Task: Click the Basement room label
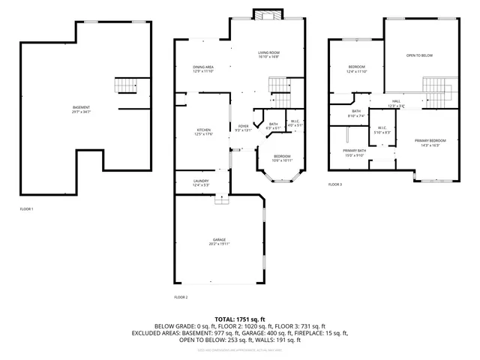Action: point(81,109)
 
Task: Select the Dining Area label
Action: point(203,69)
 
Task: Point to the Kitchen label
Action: point(203,132)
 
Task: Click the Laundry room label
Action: point(201,182)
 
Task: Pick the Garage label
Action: point(219,241)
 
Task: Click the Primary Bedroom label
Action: point(430,142)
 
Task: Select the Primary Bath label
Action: point(355,152)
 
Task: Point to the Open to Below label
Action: point(420,56)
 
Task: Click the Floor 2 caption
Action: point(181,297)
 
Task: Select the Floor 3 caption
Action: point(335,184)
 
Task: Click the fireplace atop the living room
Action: point(266,14)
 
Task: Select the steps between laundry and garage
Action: point(220,199)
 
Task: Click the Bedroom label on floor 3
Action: point(356,69)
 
